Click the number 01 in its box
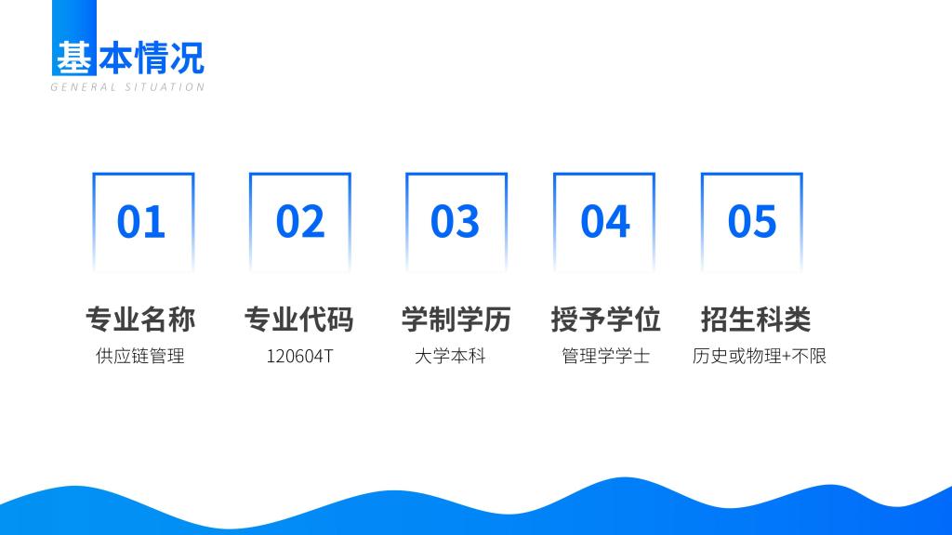coord(141,221)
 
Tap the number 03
coord(455,221)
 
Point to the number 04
coord(604,221)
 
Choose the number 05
coord(751,221)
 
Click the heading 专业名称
coord(140,320)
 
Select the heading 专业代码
coord(298,320)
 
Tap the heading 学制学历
coord(456,320)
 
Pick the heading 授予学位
coord(605,320)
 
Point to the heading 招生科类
coord(755,320)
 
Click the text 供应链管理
coord(140,356)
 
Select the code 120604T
coord(300,356)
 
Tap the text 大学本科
coord(450,356)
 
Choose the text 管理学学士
coord(605,356)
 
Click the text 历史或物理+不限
coord(759,356)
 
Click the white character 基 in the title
coord(74,59)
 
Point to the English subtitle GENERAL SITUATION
coord(127,87)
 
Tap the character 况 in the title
coord(187,59)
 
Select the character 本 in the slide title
coord(115,59)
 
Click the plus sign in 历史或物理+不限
coord(787,357)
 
